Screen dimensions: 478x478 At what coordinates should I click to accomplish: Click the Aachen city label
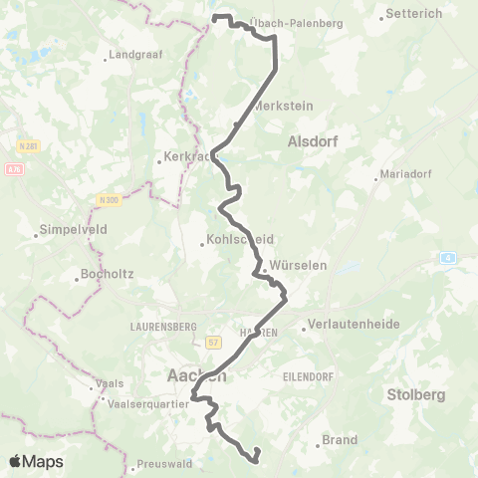coord(193,376)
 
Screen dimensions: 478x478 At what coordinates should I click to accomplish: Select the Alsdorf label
coord(313,142)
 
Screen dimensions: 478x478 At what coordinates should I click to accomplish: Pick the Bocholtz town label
coord(109,276)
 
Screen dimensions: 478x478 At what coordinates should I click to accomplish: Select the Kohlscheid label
coord(238,239)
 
